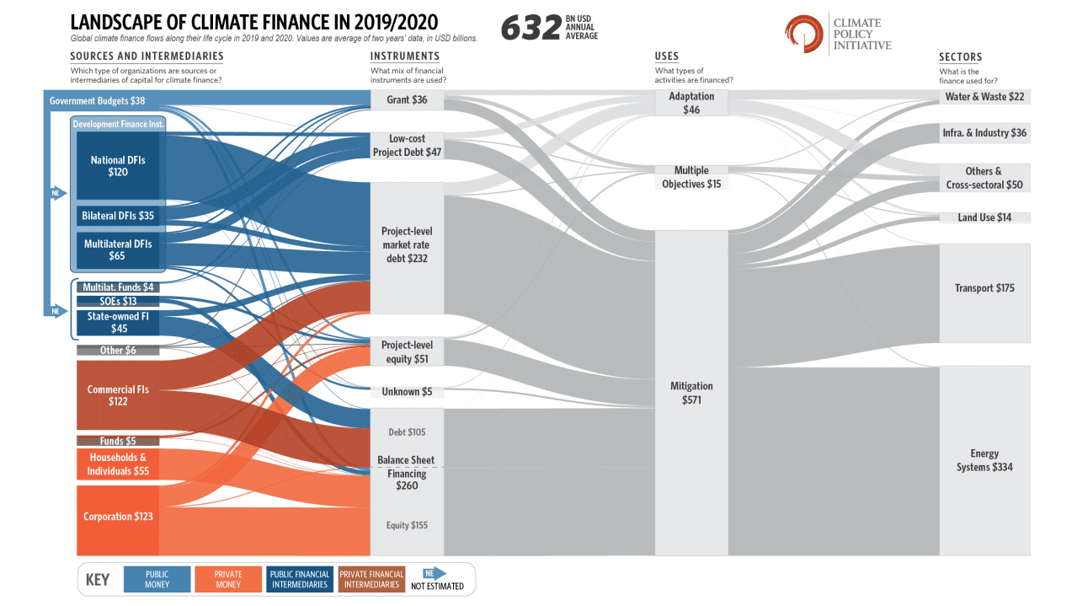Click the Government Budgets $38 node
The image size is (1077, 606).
click(98, 101)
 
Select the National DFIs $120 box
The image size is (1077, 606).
click(117, 165)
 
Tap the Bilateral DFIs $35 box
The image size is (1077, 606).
click(117, 216)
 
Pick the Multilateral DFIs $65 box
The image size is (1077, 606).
click(117, 249)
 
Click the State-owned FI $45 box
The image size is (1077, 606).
click(118, 323)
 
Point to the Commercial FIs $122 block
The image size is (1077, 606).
click(117, 395)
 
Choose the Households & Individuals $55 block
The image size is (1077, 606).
click(118, 464)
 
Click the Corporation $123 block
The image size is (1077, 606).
click(118, 516)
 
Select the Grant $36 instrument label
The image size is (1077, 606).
click(407, 100)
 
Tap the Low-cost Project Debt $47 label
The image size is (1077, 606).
click(407, 146)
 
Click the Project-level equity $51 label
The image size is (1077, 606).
click(407, 352)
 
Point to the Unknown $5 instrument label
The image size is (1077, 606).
click(407, 392)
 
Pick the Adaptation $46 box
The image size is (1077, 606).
click(691, 103)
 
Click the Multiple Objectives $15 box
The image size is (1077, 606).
click(691, 177)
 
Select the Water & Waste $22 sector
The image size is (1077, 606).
click(984, 97)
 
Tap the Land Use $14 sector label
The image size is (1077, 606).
click(984, 217)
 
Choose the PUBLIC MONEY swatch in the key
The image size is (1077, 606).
click(157, 580)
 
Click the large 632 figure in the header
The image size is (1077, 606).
click(531, 29)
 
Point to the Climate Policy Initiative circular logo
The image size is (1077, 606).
click(802, 32)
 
